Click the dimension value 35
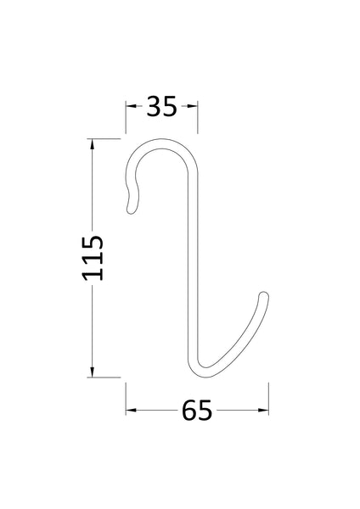(x=162, y=107)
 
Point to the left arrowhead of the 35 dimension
(x=131, y=107)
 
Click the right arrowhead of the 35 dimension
(x=194, y=107)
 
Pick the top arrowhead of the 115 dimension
(x=93, y=141)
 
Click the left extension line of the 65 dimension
(x=127, y=399)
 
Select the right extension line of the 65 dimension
(x=269, y=399)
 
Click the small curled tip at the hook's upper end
(x=129, y=203)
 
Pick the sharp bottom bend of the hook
(x=202, y=370)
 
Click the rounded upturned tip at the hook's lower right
(x=265, y=297)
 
